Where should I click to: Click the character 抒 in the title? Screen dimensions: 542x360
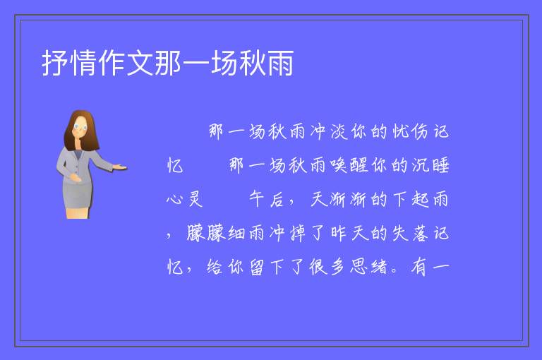(55, 63)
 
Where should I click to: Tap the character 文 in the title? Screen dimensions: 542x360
(140, 63)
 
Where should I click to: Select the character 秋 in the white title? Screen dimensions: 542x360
(253, 63)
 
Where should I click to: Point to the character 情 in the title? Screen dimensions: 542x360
(83, 63)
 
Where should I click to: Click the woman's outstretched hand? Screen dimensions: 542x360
(119, 168)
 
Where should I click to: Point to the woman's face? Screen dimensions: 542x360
(80, 127)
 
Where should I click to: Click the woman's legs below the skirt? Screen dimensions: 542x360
(78, 213)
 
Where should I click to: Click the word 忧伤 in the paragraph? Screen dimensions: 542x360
(410, 131)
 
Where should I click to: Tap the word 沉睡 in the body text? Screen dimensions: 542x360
(430, 165)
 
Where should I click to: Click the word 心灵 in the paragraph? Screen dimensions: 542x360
(184, 199)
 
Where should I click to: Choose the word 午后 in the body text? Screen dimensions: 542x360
(266, 199)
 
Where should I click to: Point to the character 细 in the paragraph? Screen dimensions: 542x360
(236, 233)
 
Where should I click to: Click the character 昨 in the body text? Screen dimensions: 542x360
(339, 233)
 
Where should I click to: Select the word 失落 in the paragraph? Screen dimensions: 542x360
(410, 233)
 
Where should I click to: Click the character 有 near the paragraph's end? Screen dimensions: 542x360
(419, 267)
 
